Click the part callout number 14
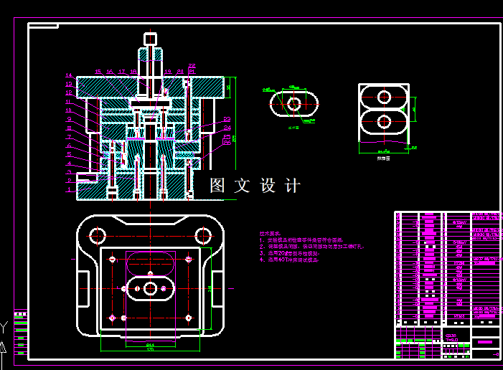69,75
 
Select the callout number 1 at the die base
69,189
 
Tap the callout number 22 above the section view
192,66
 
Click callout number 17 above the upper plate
122,72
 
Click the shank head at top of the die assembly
150,39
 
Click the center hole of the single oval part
293,104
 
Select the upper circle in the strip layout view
384,96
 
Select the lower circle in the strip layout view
384,121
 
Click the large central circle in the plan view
150,288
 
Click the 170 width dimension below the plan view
150,349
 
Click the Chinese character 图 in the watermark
217,186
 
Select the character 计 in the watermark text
293,186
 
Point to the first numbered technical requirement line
301,240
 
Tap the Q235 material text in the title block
451,335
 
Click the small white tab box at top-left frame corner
44,26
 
